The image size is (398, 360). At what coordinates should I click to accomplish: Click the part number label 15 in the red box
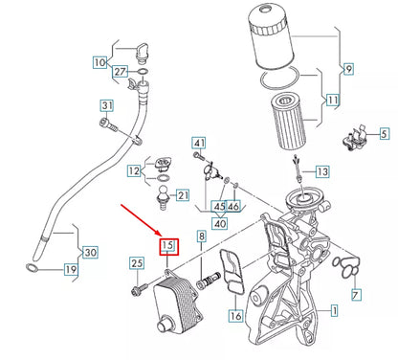(168, 247)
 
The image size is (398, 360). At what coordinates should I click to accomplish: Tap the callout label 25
(136, 263)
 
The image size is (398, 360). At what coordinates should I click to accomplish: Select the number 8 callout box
(201, 236)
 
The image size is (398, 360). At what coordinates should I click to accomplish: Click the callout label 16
(235, 314)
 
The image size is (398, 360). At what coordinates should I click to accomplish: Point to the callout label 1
(334, 310)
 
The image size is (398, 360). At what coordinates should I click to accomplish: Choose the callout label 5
(383, 137)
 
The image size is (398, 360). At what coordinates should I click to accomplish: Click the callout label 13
(321, 171)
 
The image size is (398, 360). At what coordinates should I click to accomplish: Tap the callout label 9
(348, 69)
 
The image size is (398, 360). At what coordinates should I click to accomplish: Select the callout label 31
(107, 104)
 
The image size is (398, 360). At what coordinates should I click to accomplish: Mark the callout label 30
(91, 253)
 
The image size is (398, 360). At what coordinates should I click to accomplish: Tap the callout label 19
(71, 271)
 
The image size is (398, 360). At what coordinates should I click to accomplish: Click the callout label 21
(183, 195)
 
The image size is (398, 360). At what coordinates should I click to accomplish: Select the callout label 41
(198, 144)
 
